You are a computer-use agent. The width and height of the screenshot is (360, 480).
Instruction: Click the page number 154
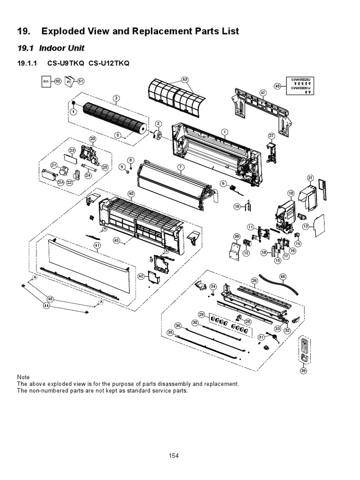[x=173, y=455]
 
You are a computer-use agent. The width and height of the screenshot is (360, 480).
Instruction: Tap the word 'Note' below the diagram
[x=23, y=377]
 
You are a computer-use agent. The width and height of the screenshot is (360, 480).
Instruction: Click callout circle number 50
[x=58, y=81]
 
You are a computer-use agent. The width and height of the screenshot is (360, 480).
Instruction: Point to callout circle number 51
[x=81, y=81]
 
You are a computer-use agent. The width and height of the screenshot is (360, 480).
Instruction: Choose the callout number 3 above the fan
[x=116, y=98]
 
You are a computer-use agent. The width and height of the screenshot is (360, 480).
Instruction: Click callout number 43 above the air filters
[x=185, y=80]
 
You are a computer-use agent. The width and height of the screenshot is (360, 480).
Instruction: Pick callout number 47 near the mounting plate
[x=263, y=93]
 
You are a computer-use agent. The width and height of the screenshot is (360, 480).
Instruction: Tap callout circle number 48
[x=278, y=86]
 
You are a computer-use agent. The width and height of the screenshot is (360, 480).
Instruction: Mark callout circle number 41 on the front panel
[x=97, y=245]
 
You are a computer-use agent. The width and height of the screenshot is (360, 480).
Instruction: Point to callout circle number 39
[x=303, y=371]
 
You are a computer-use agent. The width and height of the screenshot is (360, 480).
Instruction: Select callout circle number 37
[x=310, y=178]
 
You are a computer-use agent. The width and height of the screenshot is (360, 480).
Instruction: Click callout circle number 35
[x=170, y=332]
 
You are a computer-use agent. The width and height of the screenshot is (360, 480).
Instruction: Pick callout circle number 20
[x=92, y=139]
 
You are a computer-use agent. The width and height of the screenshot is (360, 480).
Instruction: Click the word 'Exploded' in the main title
[x=63, y=31]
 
